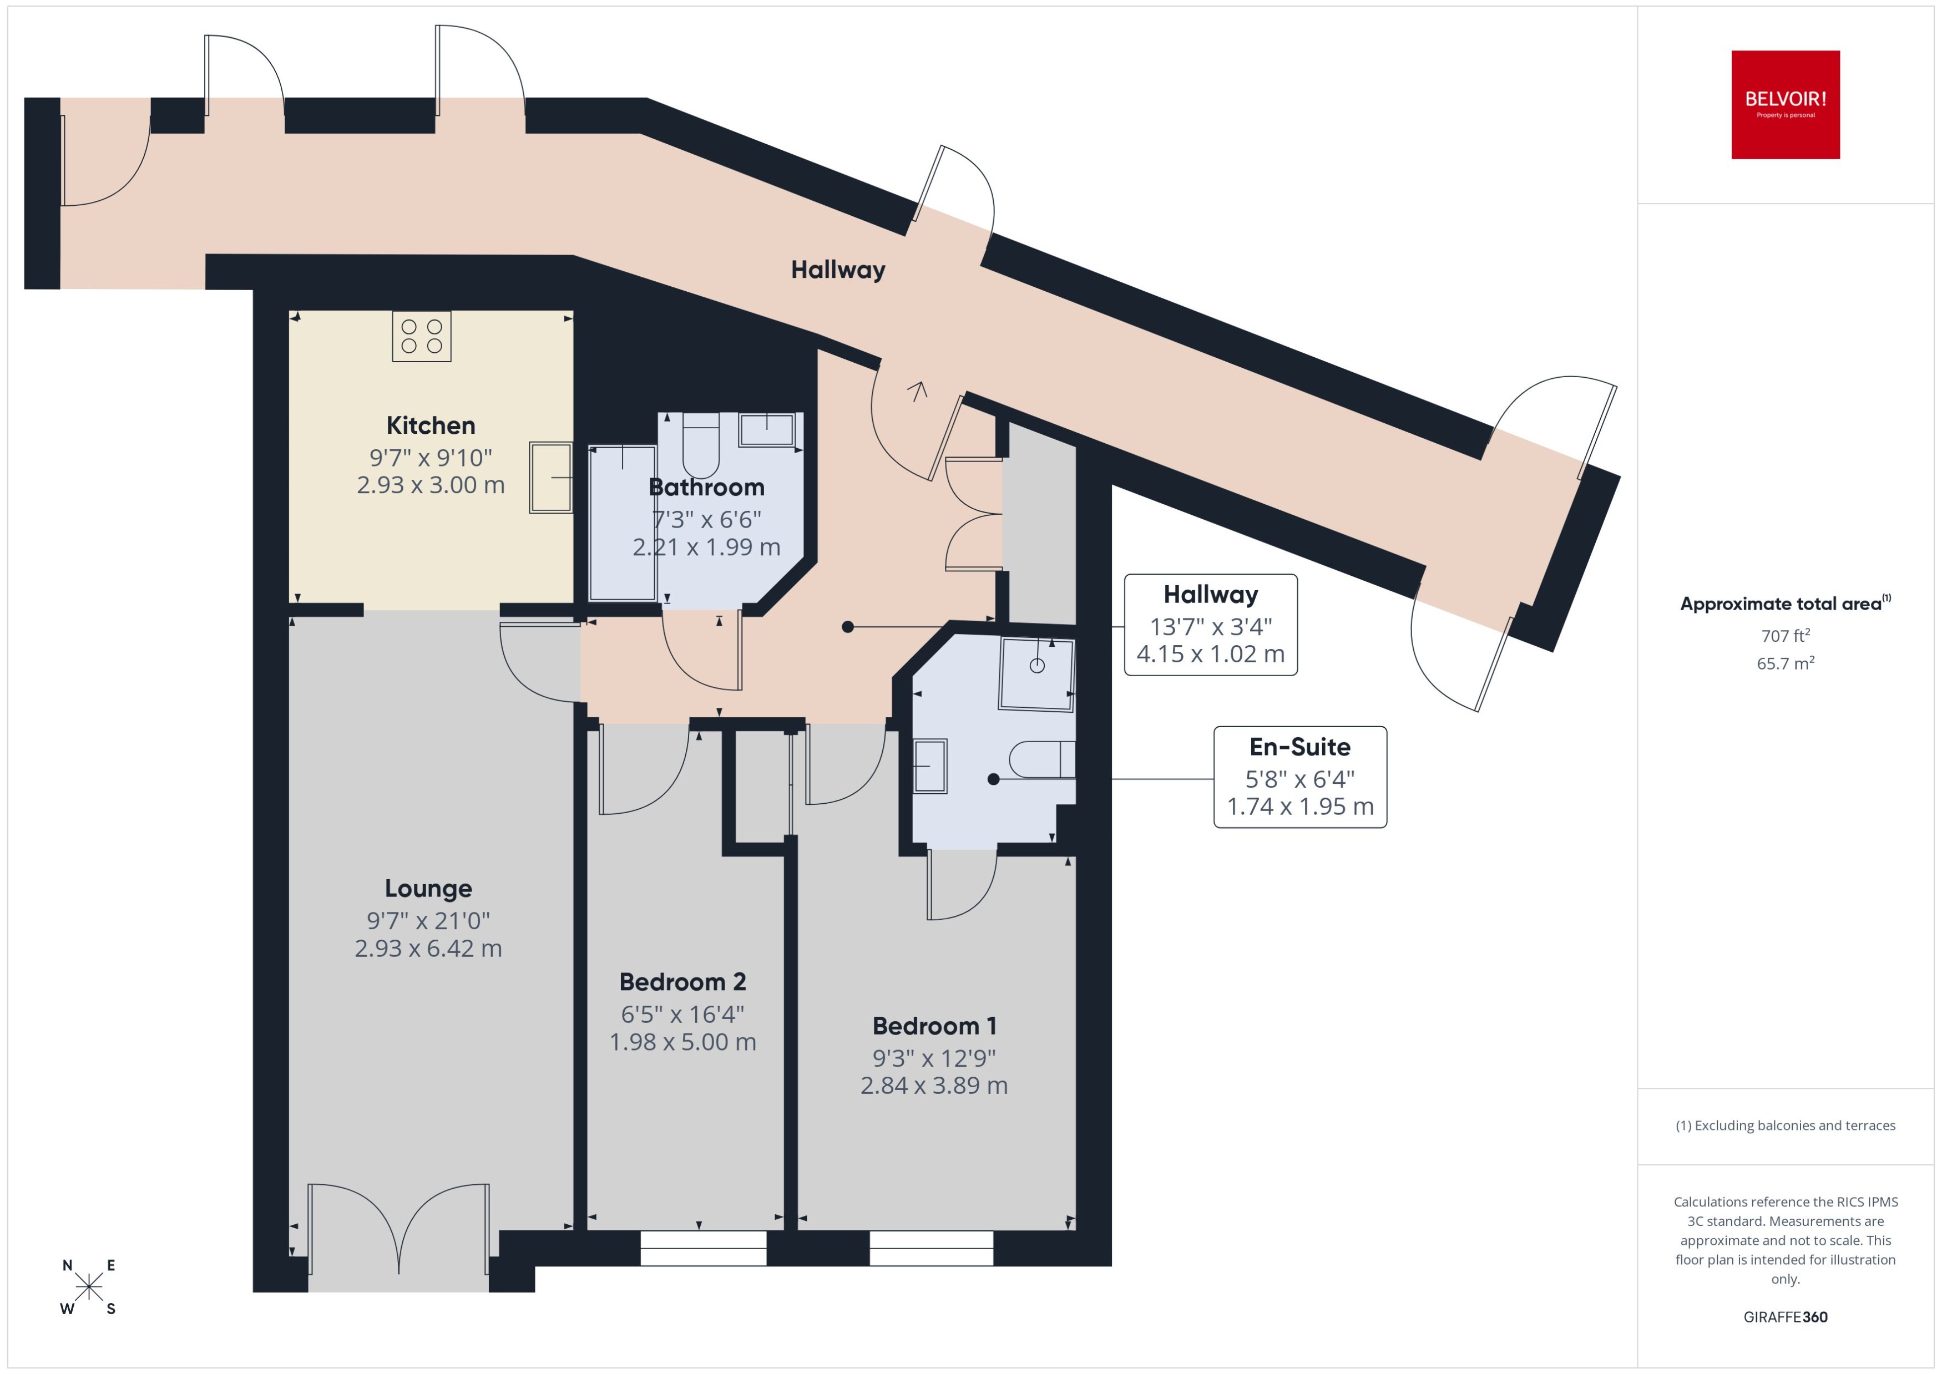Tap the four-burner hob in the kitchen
421,336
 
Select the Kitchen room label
431,425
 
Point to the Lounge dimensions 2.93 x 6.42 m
428,949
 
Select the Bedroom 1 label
934,1026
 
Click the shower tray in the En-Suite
1036,673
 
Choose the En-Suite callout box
1299,777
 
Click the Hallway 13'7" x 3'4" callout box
1210,625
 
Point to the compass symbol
88,1287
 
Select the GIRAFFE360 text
1786,1317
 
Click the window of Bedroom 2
702,1248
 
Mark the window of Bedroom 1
931,1248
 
